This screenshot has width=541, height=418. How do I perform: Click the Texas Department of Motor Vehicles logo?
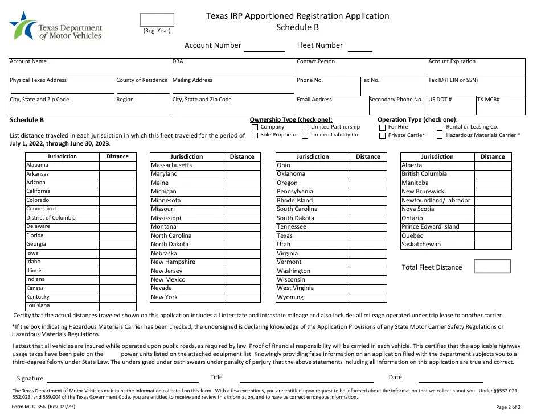pyautogui.click(x=55, y=26)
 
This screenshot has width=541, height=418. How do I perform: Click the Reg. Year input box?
pyautogui.click(x=157, y=20)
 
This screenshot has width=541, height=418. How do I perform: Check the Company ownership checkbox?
pyautogui.click(x=254, y=127)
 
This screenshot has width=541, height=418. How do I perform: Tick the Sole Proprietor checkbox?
pyautogui.click(x=254, y=136)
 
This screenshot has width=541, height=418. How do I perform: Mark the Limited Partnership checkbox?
pyautogui.click(x=305, y=127)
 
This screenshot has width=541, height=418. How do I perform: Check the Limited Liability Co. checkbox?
pyautogui.click(x=305, y=136)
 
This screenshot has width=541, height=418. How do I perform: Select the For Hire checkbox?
pyautogui.click(x=382, y=127)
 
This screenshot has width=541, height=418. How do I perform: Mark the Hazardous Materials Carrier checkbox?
pyautogui.click(x=440, y=136)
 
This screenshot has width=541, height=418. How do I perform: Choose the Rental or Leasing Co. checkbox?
pyautogui.click(x=440, y=127)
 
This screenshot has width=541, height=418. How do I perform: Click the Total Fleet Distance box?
pyautogui.click(x=492, y=267)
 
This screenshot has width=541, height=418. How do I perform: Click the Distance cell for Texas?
pyautogui.click(x=368, y=235)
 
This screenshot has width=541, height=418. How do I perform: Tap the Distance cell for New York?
pyautogui.click(x=242, y=297)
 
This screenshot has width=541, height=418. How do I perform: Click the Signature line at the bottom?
pyautogui.click(x=122, y=378)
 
